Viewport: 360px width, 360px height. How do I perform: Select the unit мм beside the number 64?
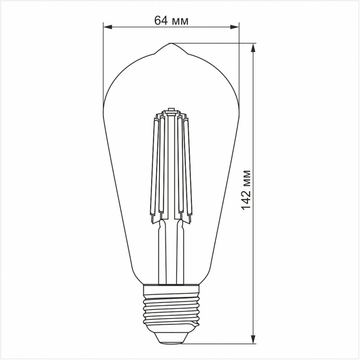pyautogui.click(x=180, y=21)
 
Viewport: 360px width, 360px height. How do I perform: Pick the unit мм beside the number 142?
pyautogui.click(x=245, y=178)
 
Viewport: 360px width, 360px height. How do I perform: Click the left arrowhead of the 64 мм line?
pyautogui.click(x=107, y=27)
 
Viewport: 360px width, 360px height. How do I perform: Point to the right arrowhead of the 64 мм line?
pyautogui.click(x=235, y=27)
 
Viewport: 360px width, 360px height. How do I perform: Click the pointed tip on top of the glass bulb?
pyautogui.click(x=171, y=44)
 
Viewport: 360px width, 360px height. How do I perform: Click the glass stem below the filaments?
pyautogui.click(x=171, y=252)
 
